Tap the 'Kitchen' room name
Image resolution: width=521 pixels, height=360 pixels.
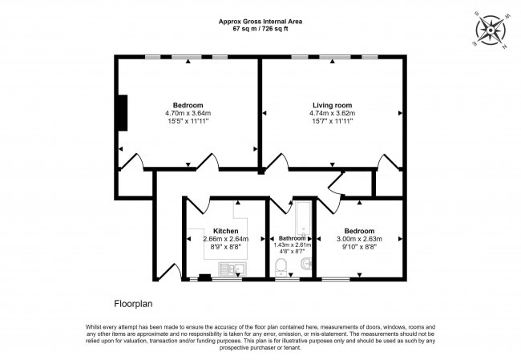pos(225,231)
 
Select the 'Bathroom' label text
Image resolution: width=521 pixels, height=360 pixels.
pos(293,239)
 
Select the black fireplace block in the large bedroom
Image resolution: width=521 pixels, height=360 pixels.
pos(122,112)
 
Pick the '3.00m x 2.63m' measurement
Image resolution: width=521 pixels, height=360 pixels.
pos(359,239)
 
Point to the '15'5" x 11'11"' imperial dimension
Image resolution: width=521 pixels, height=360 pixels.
pos(188,122)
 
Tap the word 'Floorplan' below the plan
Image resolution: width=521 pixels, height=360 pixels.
pos(132,304)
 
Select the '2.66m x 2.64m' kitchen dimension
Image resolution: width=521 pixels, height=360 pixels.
pos(225,239)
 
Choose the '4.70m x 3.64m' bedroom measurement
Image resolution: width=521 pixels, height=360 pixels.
pos(188,113)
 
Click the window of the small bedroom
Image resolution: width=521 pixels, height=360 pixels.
pos(336,280)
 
